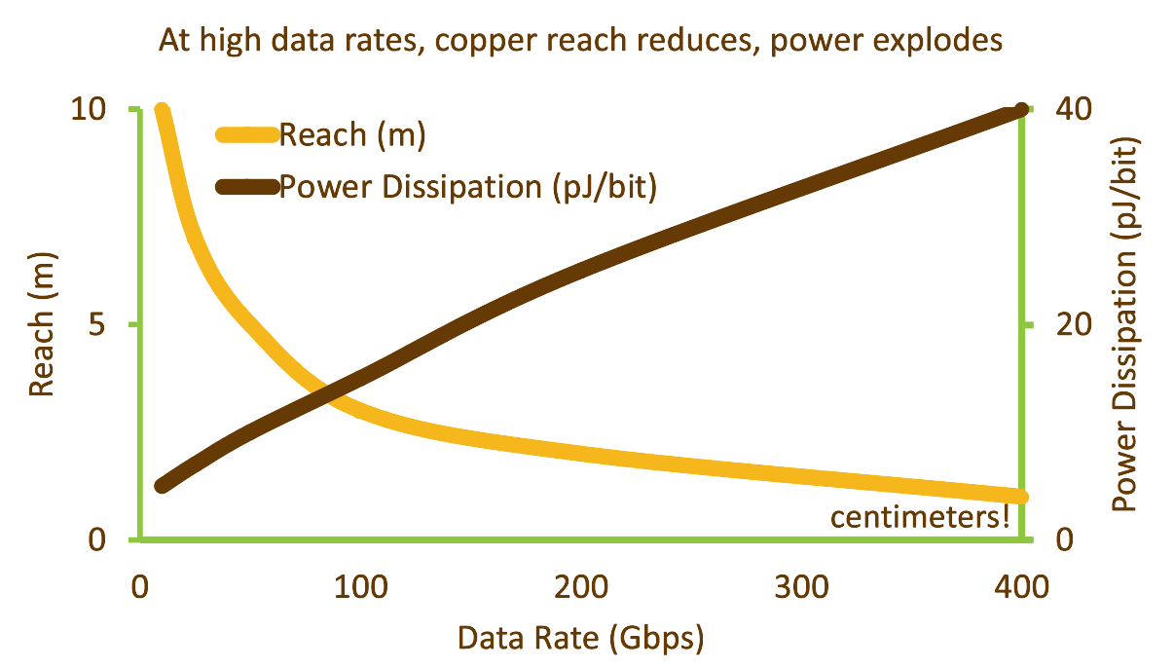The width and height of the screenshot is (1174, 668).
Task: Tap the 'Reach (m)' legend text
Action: (352, 135)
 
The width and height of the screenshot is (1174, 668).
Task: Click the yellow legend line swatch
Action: (246, 135)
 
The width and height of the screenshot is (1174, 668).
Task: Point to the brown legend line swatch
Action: (246, 185)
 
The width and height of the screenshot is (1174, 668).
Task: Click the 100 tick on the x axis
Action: (362, 587)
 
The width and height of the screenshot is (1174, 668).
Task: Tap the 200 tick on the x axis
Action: (582, 587)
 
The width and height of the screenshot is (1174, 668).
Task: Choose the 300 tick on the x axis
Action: (802, 587)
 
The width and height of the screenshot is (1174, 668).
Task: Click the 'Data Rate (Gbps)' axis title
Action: (581, 639)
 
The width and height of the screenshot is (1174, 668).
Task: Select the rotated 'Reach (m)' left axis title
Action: (40, 324)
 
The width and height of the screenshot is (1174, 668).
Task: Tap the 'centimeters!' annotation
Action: (919, 517)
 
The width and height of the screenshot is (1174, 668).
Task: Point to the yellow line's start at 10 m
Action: (163, 111)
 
